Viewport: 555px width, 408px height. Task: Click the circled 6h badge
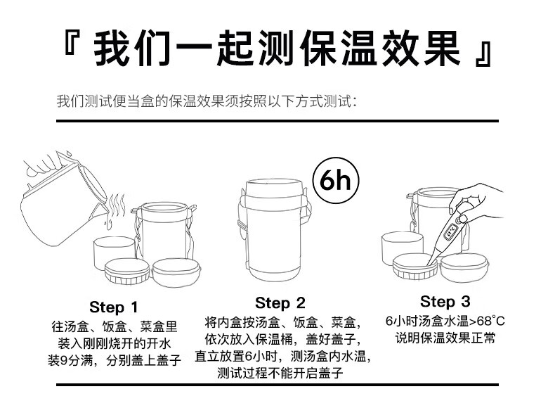[336, 180]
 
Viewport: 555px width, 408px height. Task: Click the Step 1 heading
[113, 307]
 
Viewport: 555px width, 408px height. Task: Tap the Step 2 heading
[280, 303]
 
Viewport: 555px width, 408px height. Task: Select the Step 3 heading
[445, 302]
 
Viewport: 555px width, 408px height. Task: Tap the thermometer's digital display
[450, 231]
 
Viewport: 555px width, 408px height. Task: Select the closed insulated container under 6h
[273, 230]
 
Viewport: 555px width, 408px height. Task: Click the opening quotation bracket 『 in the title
[70, 42]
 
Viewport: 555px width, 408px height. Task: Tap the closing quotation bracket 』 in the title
[483, 54]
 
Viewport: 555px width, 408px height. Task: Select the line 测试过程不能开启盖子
[280, 373]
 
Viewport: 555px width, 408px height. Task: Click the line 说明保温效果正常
[445, 338]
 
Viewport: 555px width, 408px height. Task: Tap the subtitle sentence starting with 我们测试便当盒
[207, 101]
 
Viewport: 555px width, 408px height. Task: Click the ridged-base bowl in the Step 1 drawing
[127, 271]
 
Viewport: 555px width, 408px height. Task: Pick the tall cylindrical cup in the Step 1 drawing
[114, 252]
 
